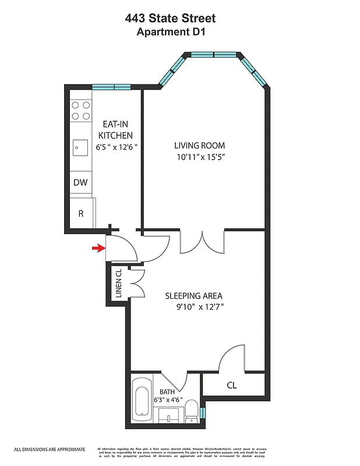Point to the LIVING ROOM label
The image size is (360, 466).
pyautogui.click(x=200, y=146)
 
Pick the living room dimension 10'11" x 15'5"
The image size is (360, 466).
pyautogui.click(x=200, y=157)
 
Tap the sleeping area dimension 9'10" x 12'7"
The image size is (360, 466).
pyautogui.click(x=200, y=308)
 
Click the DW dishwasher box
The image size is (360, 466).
pyautogui.click(x=80, y=183)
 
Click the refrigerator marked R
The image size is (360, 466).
pyautogui.click(x=81, y=214)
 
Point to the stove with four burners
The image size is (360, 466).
pyautogui.click(x=80, y=110)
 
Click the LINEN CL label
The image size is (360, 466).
pyautogui.click(x=118, y=284)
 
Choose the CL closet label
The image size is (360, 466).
pyautogui.click(x=231, y=385)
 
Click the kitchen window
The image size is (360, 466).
pyautogui.click(x=111, y=87)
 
